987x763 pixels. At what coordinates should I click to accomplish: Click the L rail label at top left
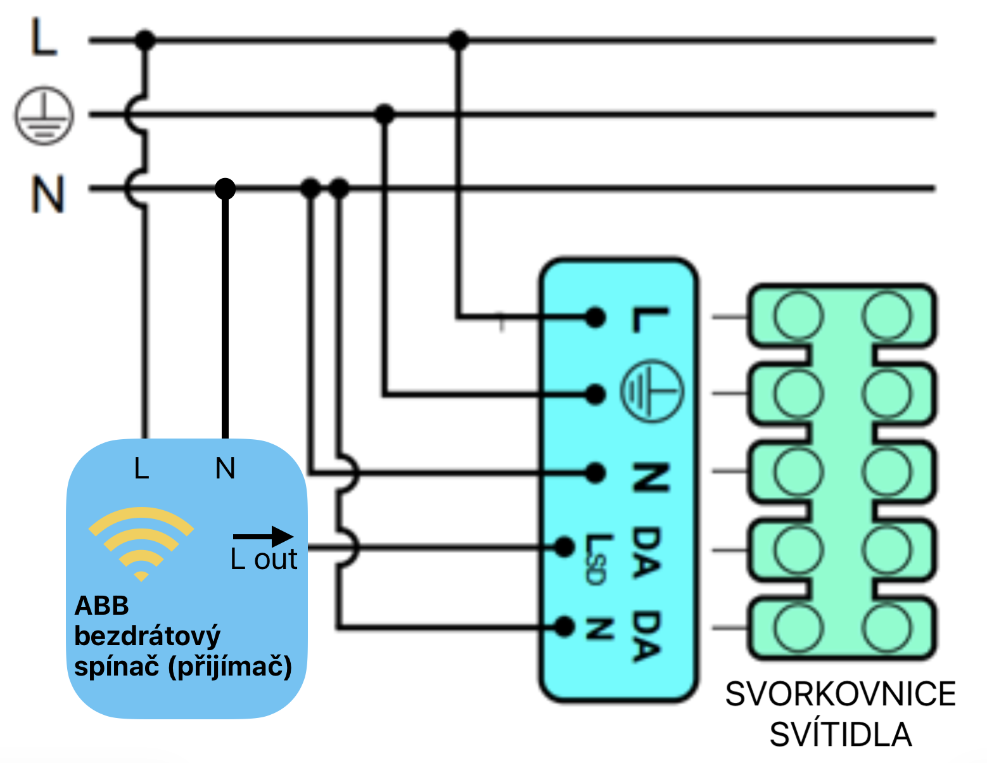pos(44,38)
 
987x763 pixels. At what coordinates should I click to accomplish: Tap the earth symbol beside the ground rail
pos(44,116)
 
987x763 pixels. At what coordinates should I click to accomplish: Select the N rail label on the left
pos(48,194)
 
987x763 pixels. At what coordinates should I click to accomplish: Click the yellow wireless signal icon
pos(141,542)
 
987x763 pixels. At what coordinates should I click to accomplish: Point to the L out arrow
pos(263,537)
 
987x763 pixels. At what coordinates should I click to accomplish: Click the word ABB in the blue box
pos(102,606)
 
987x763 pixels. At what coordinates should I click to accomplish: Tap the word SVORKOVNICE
pos(840,694)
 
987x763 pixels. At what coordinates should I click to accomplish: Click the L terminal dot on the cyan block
pos(595,317)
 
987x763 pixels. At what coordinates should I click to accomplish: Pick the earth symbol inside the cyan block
pos(651,390)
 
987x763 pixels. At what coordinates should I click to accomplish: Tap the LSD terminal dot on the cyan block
pos(564,547)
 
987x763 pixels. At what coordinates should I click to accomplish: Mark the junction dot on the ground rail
pos(385,115)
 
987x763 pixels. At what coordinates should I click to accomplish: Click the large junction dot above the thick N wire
pos(225,188)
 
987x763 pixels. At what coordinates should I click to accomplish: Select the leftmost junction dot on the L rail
pos(145,41)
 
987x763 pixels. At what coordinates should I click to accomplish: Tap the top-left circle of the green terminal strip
pos(799,315)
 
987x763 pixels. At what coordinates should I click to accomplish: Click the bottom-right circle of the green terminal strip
pos(887,627)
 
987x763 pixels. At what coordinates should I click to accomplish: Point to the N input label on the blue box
pos(225,469)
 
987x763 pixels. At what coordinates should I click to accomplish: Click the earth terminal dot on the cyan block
pos(595,395)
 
